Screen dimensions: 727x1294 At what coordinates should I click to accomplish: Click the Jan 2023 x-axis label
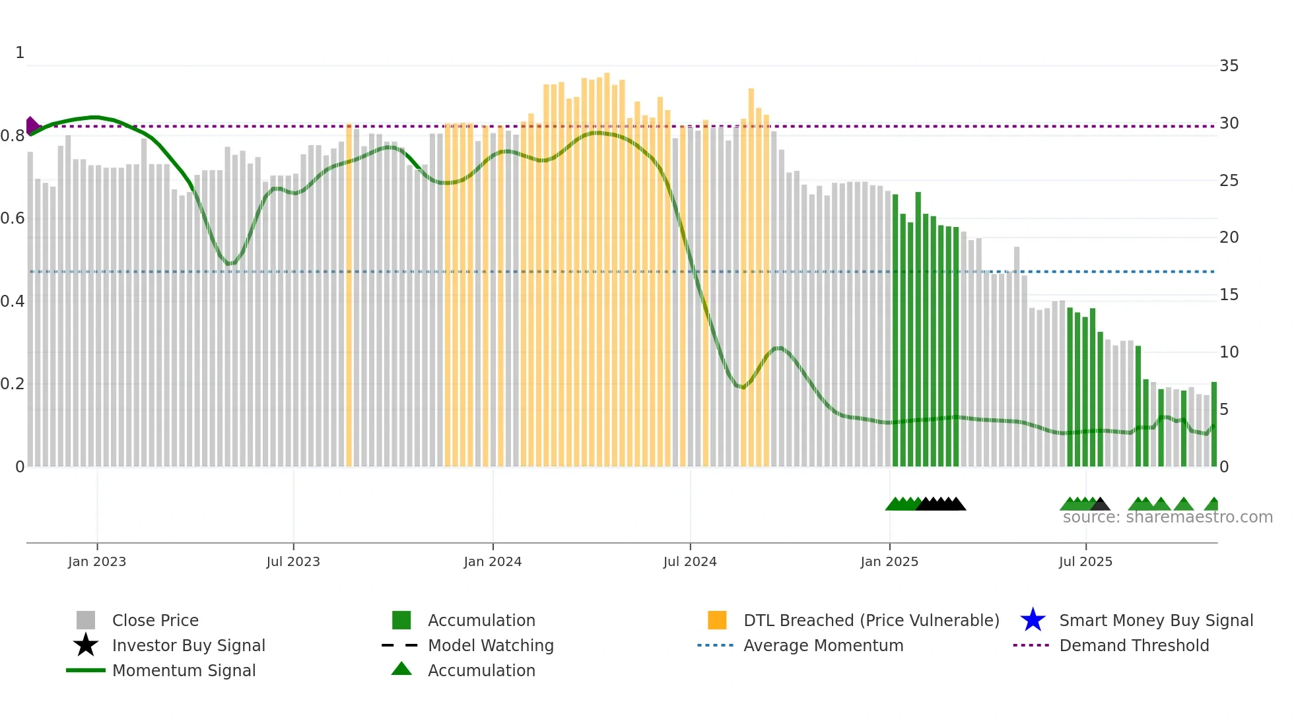point(97,561)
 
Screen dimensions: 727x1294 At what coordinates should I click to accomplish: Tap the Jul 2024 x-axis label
point(690,561)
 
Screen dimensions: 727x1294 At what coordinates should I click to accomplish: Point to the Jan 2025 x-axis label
point(889,561)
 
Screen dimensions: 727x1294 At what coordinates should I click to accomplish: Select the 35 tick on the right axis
point(1229,66)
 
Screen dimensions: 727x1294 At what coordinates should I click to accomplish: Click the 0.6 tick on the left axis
point(13,218)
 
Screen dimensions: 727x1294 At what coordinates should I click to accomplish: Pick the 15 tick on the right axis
point(1229,295)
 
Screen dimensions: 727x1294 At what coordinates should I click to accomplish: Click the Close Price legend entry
point(155,620)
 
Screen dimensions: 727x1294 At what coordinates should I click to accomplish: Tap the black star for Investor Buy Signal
point(86,645)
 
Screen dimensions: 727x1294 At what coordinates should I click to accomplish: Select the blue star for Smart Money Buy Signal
point(1033,620)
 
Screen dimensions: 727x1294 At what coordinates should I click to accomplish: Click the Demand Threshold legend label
point(1134,645)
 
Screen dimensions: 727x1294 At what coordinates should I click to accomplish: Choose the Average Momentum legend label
point(823,645)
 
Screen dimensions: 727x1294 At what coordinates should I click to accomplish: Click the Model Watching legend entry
point(491,645)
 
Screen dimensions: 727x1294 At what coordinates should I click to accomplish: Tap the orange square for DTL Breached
point(717,620)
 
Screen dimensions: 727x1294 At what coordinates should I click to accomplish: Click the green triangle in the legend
point(401,670)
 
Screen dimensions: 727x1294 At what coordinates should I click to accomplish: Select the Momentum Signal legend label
point(184,670)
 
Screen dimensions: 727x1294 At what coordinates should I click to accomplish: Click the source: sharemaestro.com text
point(1167,517)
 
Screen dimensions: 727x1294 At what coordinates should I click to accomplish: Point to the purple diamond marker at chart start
point(32,125)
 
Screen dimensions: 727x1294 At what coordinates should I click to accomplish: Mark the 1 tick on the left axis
point(20,53)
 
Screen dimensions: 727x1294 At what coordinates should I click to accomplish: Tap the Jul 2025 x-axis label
point(1085,561)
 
